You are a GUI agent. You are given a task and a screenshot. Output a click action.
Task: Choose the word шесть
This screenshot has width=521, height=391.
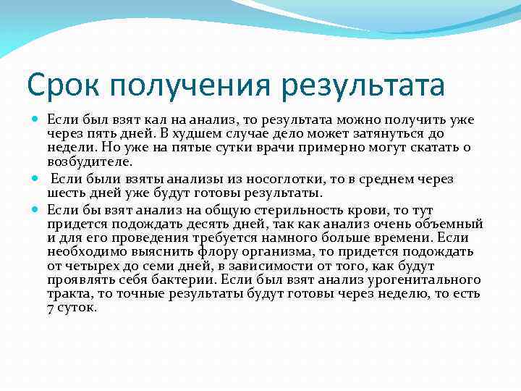(64, 193)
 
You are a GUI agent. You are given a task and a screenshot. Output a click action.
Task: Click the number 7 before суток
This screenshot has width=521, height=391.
(50, 307)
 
